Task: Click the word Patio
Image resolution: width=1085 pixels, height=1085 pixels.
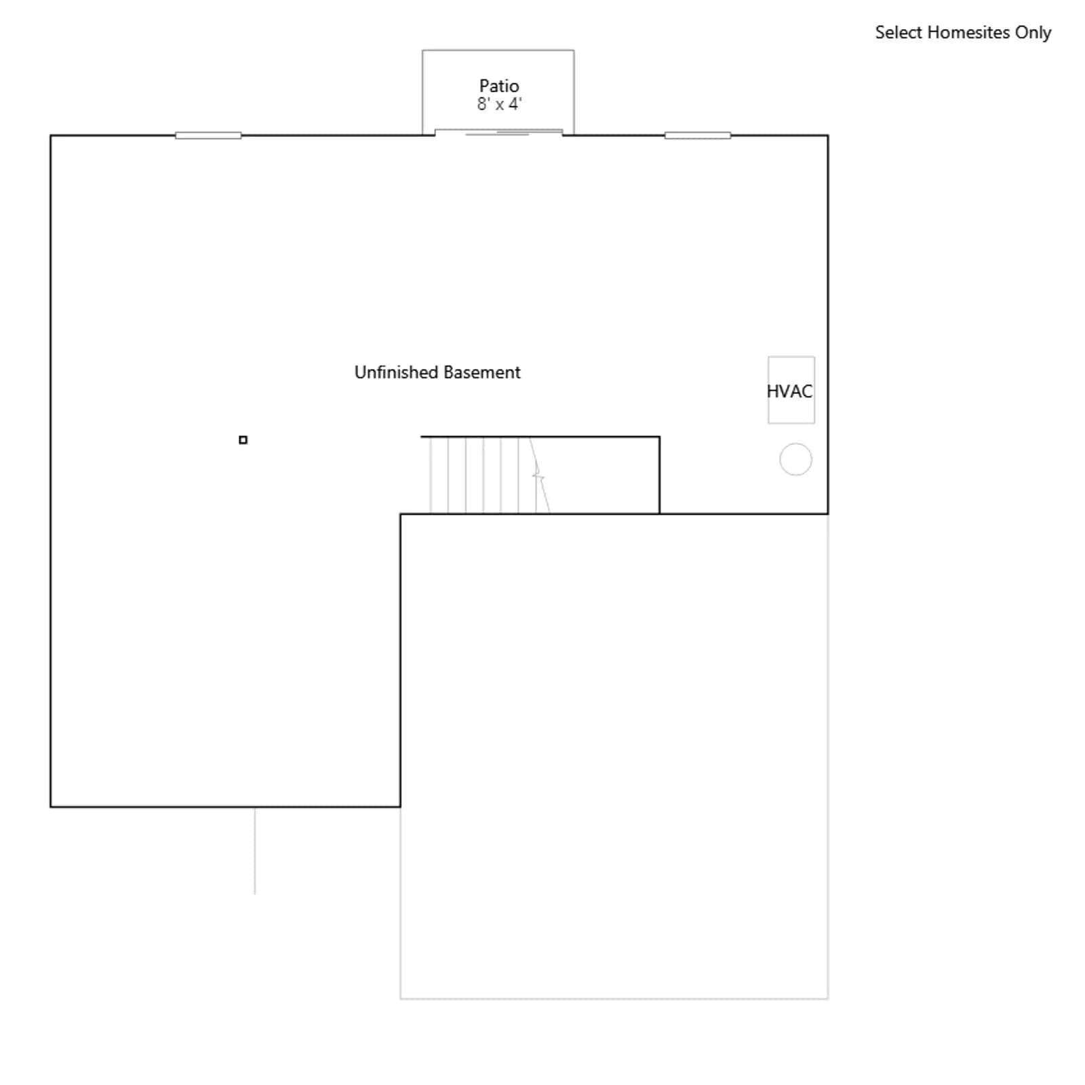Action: click(x=499, y=86)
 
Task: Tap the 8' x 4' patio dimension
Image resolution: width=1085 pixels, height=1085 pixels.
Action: click(x=499, y=104)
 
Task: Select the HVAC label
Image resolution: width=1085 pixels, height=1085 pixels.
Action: click(x=789, y=391)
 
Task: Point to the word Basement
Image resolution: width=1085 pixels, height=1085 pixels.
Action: click(x=481, y=372)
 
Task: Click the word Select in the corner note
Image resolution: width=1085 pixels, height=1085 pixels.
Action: click(x=899, y=33)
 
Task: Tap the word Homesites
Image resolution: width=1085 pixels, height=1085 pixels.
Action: click(x=968, y=33)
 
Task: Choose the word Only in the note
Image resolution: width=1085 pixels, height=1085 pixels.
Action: click(x=1033, y=33)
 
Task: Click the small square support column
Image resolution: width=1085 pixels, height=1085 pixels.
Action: click(x=243, y=440)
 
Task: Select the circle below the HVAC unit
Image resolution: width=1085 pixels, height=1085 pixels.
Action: click(x=795, y=443)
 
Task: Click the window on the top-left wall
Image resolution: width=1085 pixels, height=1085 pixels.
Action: click(x=208, y=136)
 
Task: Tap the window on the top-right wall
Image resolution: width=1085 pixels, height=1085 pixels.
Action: click(x=698, y=136)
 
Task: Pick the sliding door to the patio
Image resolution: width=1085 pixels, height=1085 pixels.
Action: click(x=498, y=132)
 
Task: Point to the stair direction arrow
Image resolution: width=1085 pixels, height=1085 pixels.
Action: click(x=538, y=475)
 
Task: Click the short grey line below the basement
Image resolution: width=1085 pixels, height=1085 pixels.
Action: click(x=255, y=851)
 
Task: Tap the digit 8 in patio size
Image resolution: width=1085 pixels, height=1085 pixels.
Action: click(x=482, y=104)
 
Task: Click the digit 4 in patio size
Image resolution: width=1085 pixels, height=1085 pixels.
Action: click(x=513, y=104)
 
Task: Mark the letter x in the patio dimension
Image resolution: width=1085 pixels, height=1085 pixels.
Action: click(x=500, y=106)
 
